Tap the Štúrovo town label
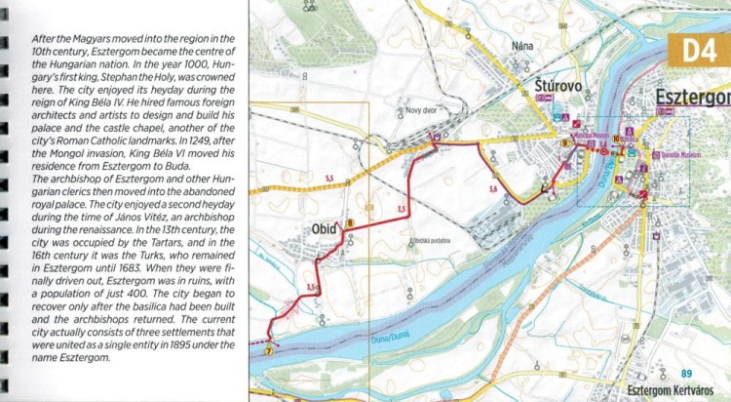(558, 87)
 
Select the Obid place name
(324, 229)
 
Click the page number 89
(686, 373)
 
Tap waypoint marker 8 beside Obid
(350, 224)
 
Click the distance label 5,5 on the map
(329, 178)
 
